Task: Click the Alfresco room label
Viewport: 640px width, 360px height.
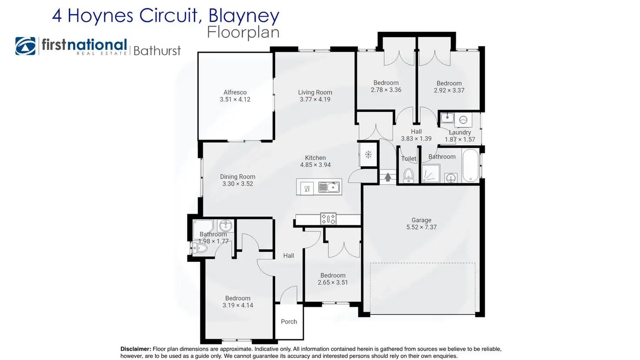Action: (235, 92)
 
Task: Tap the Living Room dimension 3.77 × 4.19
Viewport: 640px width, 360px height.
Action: (315, 100)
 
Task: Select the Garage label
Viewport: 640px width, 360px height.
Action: (421, 220)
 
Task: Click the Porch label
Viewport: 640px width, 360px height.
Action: (289, 322)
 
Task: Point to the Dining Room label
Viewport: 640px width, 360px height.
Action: (237, 177)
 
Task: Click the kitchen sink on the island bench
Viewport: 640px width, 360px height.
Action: (329, 187)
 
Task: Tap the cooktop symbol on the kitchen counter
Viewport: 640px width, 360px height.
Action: (328, 218)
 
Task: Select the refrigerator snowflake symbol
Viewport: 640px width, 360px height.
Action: (368, 154)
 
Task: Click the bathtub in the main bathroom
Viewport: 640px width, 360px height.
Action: (470, 166)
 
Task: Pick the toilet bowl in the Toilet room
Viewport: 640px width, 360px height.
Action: (408, 176)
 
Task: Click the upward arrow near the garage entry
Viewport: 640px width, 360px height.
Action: (388, 177)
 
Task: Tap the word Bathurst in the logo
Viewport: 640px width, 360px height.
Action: (157, 51)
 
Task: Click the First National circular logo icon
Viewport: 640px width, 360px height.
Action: (26, 46)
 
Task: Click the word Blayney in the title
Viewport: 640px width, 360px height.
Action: (243, 16)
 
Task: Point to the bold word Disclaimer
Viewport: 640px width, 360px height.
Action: (136, 349)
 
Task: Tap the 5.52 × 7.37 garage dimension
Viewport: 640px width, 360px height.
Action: (421, 227)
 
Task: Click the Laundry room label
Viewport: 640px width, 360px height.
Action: (460, 133)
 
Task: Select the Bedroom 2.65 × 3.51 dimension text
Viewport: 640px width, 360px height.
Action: (333, 283)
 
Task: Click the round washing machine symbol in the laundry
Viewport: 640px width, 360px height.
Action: (463, 120)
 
